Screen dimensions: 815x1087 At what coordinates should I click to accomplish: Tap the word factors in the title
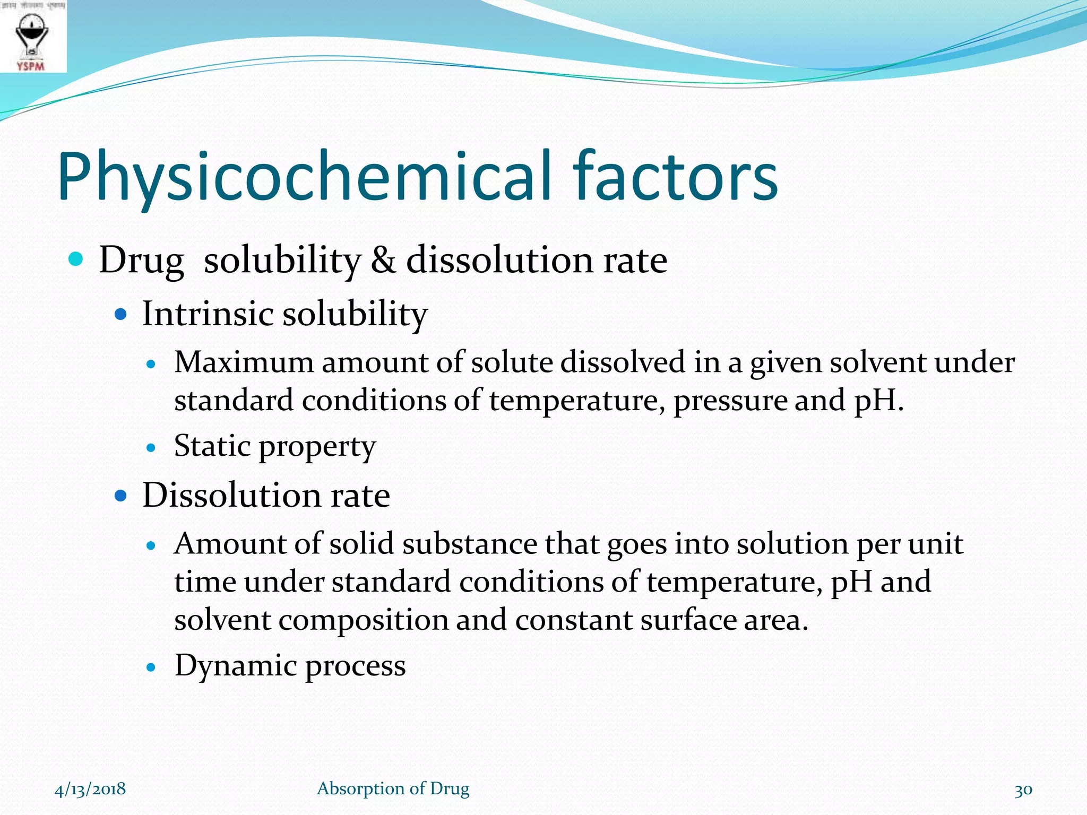pos(675,177)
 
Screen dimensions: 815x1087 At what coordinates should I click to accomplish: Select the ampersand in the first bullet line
pos(383,260)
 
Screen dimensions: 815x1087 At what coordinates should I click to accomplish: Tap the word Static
pos(212,446)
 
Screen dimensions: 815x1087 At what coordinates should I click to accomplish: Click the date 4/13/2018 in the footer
pos(90,789)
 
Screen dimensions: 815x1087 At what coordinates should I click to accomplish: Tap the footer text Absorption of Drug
pos(393,789)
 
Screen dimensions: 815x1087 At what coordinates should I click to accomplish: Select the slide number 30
pos(1023,790)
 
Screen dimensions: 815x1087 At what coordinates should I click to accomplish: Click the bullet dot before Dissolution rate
pos(121,496)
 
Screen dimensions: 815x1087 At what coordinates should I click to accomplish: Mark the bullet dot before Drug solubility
pos(76,259)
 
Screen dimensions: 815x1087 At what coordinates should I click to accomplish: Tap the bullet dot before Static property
pos(151,448)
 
